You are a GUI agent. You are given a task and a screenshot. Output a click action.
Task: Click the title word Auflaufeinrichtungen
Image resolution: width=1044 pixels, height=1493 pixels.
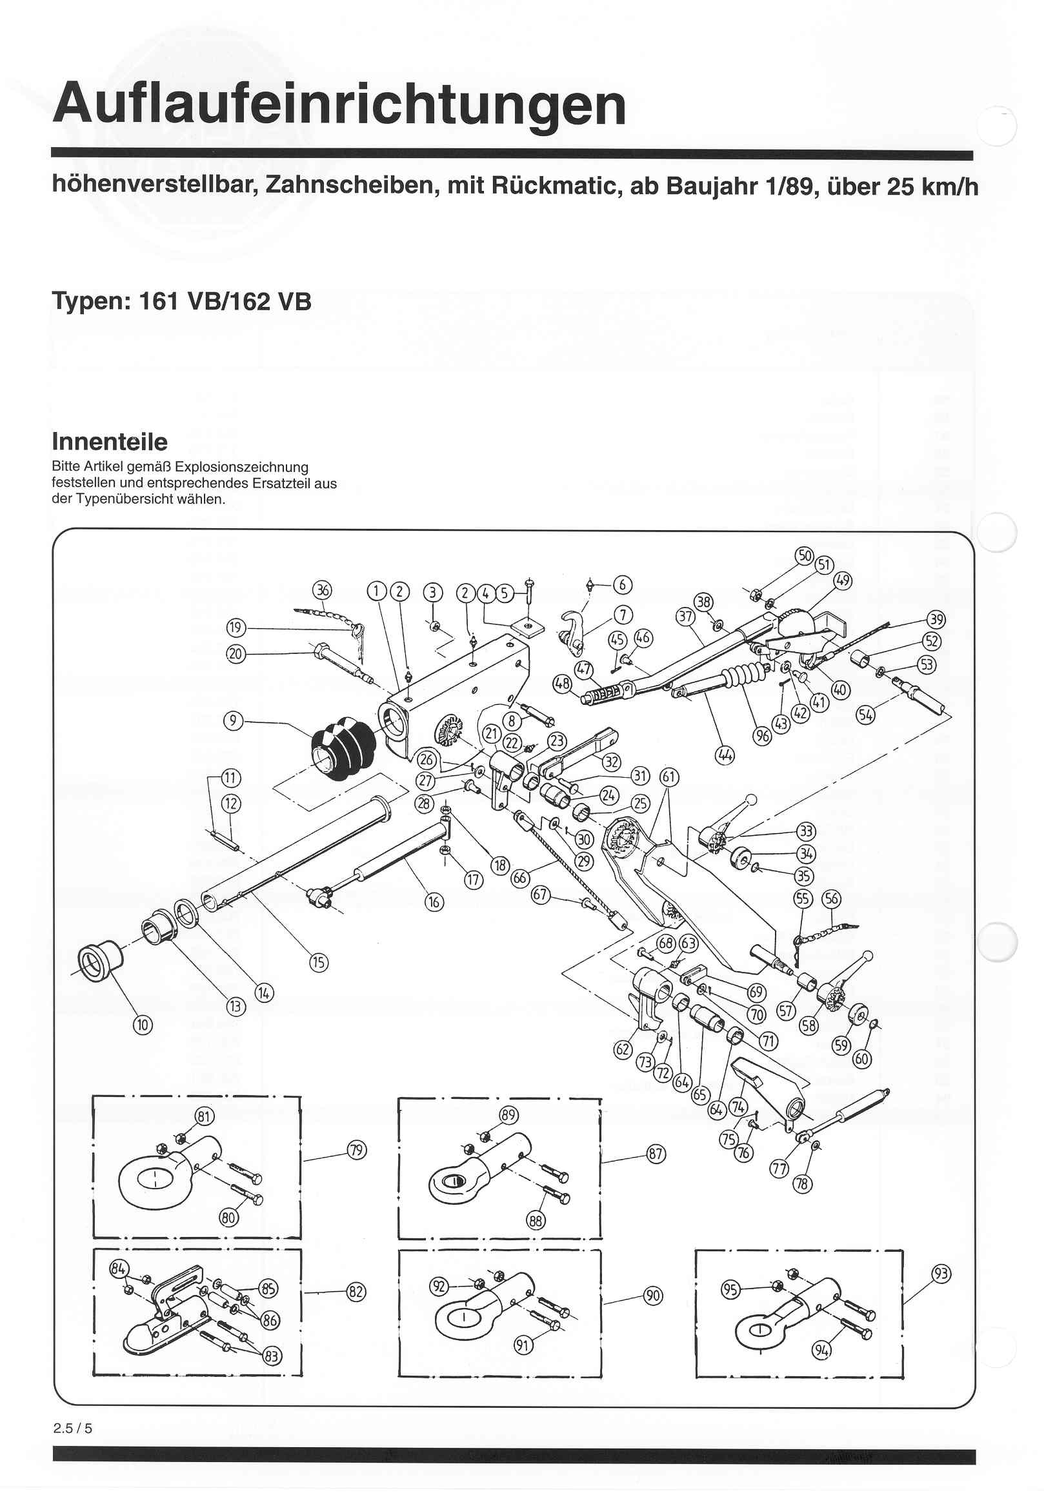339,104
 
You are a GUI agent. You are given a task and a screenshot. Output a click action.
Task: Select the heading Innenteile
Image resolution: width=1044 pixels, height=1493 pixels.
109,442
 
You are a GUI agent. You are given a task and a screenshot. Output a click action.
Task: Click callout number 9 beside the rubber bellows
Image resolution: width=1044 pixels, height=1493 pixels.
233,720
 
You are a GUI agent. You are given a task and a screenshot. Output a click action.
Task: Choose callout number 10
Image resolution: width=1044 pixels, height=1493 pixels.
143,1025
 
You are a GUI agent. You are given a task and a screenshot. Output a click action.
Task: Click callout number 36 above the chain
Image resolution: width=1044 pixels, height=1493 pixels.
322,590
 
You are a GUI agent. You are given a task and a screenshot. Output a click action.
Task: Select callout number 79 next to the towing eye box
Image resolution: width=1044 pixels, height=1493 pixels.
356,1151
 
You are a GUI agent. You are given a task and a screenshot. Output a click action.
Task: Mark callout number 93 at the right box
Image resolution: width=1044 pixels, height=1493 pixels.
941,1273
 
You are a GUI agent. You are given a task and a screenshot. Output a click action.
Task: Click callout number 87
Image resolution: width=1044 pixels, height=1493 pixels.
656,1154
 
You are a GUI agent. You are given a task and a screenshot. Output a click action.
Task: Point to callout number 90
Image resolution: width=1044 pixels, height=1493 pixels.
652,1296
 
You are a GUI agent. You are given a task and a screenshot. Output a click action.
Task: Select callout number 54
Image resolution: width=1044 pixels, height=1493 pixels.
865,715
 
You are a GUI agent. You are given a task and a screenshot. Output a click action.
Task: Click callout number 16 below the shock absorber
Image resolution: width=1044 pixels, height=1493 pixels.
434,902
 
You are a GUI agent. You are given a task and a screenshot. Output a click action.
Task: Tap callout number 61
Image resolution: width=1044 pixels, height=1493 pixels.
669,777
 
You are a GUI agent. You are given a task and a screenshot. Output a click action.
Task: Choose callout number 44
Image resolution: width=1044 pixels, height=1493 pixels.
724,756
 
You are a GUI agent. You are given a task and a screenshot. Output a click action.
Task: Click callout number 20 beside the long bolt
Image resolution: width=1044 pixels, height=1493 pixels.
236,653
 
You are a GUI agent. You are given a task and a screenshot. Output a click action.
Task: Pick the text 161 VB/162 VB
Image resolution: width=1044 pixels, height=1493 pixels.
225,302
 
